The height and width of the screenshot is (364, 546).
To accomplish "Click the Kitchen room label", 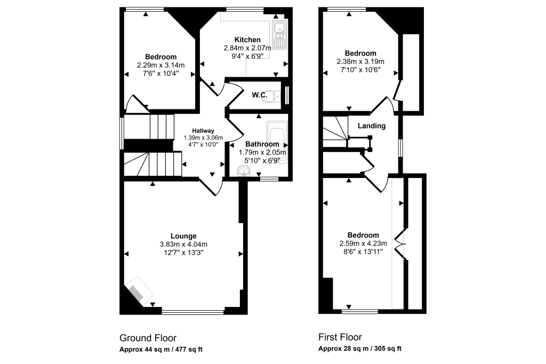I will click(x=247, y=39).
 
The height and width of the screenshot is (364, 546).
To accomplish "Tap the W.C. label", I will click(x=259, y=95).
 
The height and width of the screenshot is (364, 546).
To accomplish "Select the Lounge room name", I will click(x=183, y=236).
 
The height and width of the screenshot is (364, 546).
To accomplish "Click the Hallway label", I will click(x=203, y=131).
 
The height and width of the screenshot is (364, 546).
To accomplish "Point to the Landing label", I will click(x=372, y=126).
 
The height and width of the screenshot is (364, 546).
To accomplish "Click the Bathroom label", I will click(x=262, y=144).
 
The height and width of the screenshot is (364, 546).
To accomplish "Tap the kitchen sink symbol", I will click(x=279, y=33).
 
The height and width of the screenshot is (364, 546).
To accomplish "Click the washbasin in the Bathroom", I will click(x=244, y=171).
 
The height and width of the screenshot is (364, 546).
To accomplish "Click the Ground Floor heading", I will click(x=148, y=338).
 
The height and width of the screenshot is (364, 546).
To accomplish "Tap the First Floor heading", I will click(x=340, y=337).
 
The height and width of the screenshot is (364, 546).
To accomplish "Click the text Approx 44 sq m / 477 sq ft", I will click(x=161, y=350).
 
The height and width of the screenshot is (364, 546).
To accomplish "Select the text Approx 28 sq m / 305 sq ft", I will click(x=360, y=349).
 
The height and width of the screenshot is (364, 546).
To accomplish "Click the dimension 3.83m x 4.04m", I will click(x=183, y=245).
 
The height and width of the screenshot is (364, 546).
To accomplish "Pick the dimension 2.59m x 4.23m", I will click(x=363, y=244).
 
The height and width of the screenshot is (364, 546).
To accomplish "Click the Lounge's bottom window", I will click(x=193, y=312).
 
